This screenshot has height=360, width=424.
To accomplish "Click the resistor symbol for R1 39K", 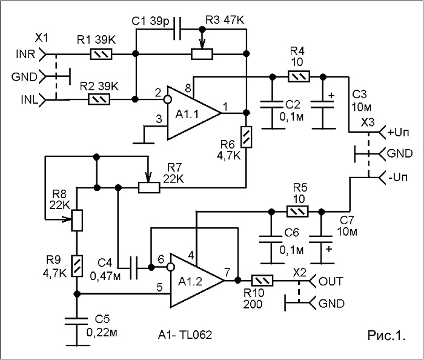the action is point(101,54).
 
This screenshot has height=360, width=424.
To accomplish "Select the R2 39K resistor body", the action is point(99,99).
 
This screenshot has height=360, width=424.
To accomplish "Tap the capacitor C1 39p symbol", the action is point(177,29).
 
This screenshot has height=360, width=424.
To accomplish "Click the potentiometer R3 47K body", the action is point(202,54).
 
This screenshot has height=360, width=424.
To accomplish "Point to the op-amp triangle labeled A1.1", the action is point(194,113).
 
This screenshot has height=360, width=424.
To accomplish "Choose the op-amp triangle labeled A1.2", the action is point(197,281).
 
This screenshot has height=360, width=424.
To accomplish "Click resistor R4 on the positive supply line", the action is point(299,76).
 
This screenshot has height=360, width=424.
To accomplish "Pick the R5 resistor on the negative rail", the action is point(297,212).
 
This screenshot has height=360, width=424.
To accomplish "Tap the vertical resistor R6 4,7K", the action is point(247,137).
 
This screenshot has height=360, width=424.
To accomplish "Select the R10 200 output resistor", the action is point(262,281).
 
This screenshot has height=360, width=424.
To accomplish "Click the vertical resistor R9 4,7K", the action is point(77,266).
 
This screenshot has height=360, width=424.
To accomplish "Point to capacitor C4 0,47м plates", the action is point(134,268).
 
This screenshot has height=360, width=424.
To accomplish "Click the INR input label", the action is point(25,55).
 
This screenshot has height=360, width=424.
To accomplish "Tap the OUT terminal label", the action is point(331,282).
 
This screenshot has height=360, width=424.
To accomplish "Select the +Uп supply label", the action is point(399,133).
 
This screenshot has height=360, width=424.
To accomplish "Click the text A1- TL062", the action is point(185,335).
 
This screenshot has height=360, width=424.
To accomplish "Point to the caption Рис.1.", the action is point(386,335).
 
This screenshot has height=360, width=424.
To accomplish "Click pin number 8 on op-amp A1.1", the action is point(188,88).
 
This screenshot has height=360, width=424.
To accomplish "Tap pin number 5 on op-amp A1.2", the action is point(159,287).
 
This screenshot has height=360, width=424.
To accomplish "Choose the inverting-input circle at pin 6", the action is point(170,268).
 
